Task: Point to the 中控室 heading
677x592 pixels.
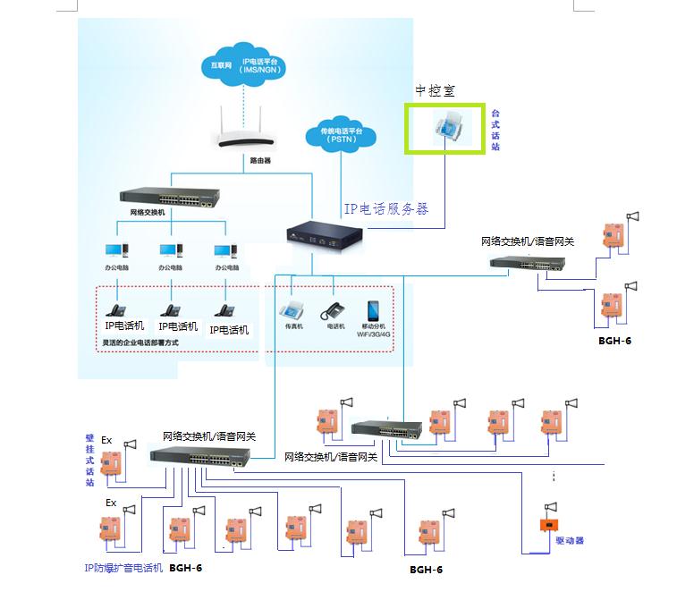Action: coord(434,90)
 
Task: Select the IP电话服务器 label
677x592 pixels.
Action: coord(386,208)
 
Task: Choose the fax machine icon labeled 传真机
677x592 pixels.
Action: coord(294,310)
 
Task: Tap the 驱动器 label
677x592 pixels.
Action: coord(569,541)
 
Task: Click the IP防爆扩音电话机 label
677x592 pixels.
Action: coord(123,567)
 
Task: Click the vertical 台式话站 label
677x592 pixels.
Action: coord(495,130)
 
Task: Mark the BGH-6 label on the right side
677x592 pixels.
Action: coord(614,341)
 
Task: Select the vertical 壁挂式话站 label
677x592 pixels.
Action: coord(89,460)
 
